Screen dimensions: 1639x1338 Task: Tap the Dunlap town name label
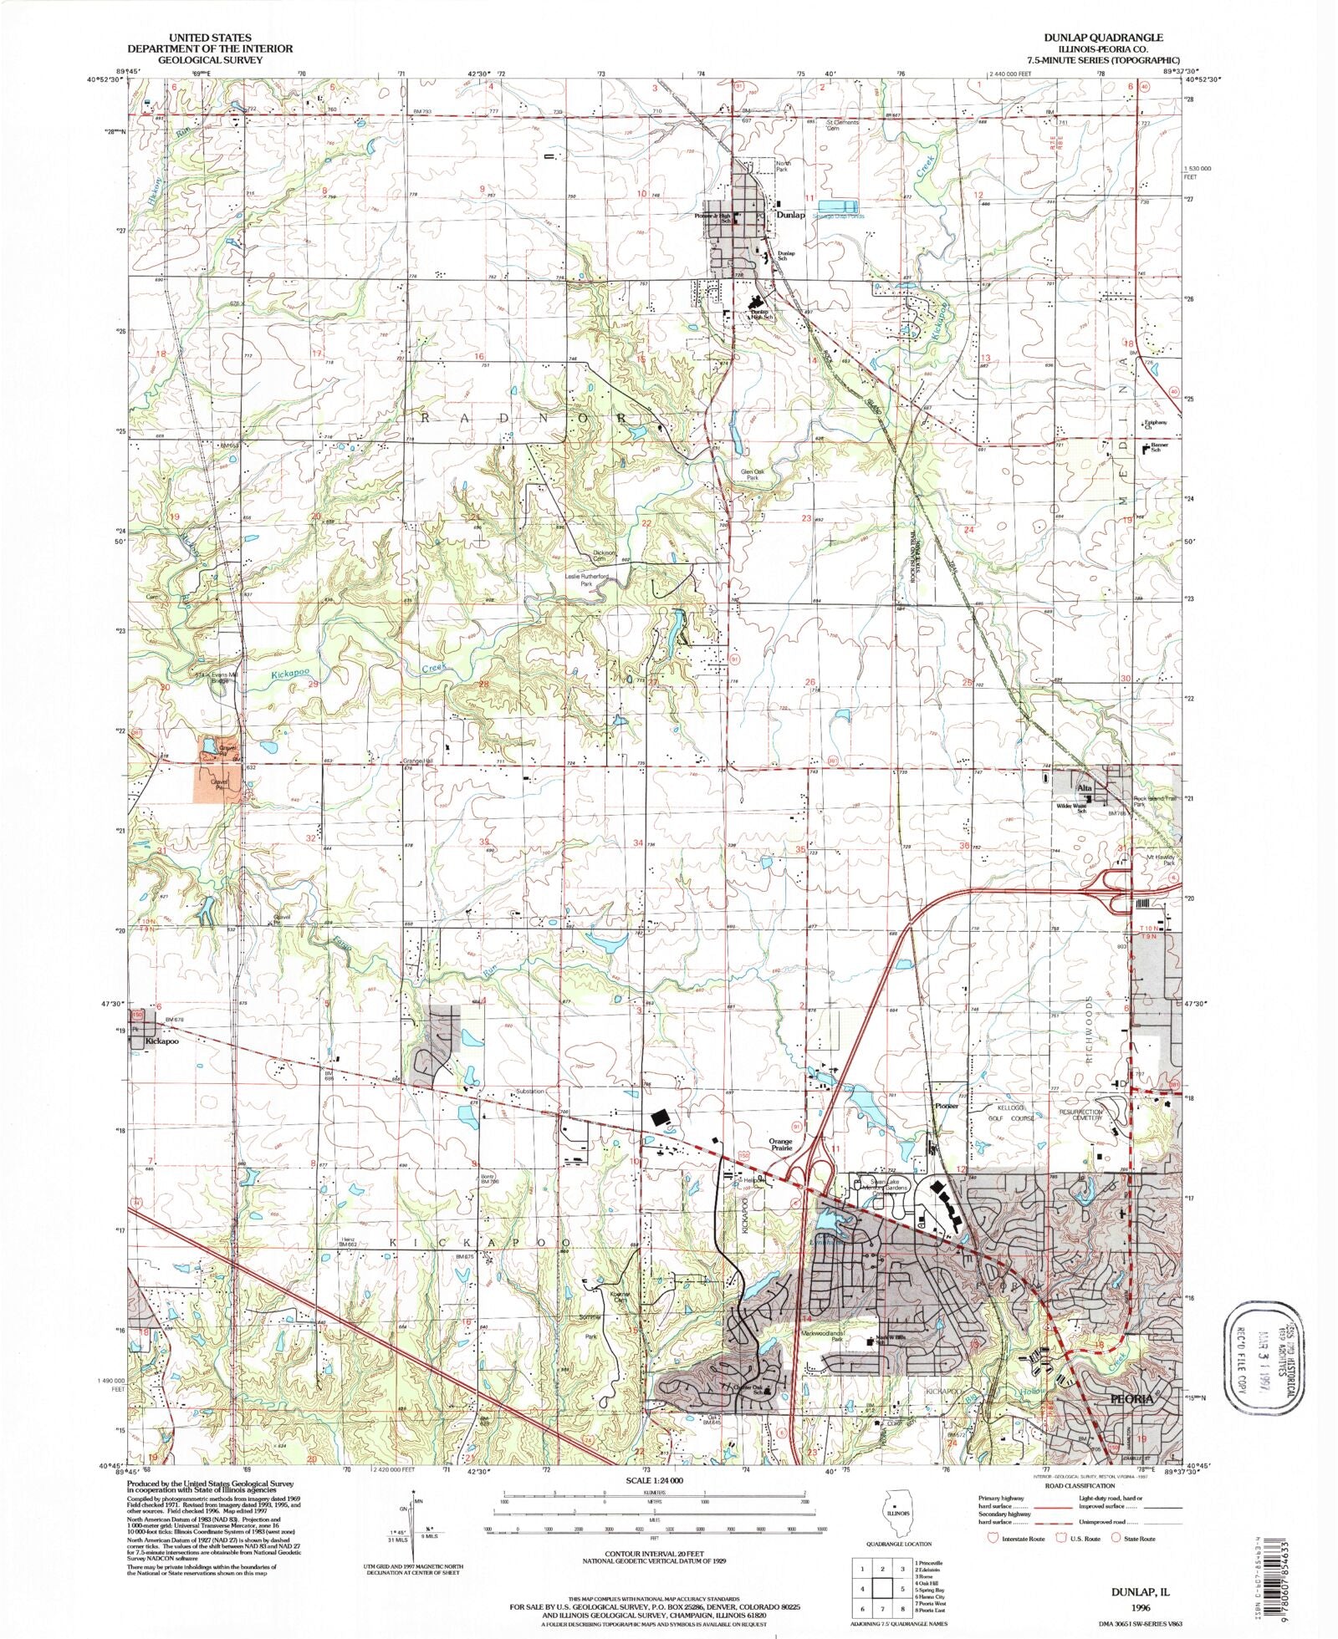pos(790,215)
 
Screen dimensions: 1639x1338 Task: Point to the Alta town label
pos(1085,788)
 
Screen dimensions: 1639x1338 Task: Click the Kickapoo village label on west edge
pos(161,1042)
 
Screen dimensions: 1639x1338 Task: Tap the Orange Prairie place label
pos(780,1143)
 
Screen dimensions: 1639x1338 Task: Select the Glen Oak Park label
pos(753,475)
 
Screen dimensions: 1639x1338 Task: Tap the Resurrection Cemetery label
pos(1081,1116)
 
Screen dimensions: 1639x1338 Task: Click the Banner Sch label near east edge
pos(1158,448)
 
